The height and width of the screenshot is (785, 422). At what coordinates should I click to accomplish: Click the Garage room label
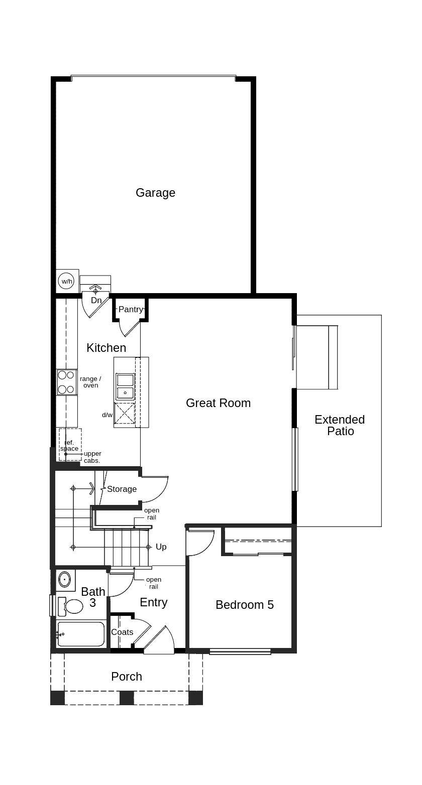pos(155,193)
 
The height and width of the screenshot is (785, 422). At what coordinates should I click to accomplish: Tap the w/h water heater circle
pos(67,281)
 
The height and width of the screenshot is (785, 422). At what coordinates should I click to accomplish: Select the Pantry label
pos(131,309)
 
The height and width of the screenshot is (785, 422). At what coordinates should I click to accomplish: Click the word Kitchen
pos(107,348)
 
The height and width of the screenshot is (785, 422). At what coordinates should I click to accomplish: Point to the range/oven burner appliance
pos(67,382)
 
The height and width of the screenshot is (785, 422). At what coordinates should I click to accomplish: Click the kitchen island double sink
pos(125,387)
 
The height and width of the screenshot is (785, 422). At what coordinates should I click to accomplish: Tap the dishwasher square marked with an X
pos(125,414)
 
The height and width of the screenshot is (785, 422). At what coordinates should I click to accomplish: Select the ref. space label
pos(69,445)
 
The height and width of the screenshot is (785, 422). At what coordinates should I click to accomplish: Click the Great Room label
pos(218,403)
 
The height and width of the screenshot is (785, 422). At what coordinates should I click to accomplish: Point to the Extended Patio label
pos(340,425)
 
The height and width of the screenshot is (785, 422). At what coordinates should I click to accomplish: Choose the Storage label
pos(122,489)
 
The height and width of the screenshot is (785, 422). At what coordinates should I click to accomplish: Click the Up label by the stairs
pos(161,547)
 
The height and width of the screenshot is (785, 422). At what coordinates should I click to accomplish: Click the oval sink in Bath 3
pos(64,579)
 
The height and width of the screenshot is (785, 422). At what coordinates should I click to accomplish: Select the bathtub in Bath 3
pos(81,634)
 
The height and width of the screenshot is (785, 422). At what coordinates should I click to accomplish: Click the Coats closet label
pos(122,632)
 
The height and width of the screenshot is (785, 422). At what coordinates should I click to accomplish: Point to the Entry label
pos(154,602)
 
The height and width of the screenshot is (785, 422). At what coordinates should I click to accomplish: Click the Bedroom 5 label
pos(245,604)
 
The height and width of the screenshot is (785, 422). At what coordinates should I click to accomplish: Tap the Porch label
pos(127,677)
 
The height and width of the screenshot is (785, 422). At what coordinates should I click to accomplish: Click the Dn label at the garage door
pos(96,300)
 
